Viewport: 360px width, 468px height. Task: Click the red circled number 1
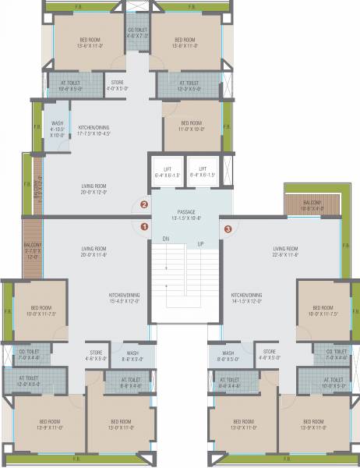pos(144,227)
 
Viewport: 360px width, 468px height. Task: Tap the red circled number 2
pos(144,205)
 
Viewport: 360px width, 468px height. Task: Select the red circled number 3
pos(228,229)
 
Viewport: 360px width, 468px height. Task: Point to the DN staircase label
pos(166,239)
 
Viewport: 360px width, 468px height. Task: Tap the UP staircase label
pos(200,244)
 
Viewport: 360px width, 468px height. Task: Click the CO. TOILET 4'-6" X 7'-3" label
pos(138,33)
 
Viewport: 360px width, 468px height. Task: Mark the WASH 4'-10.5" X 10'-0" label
pos(58,129)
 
